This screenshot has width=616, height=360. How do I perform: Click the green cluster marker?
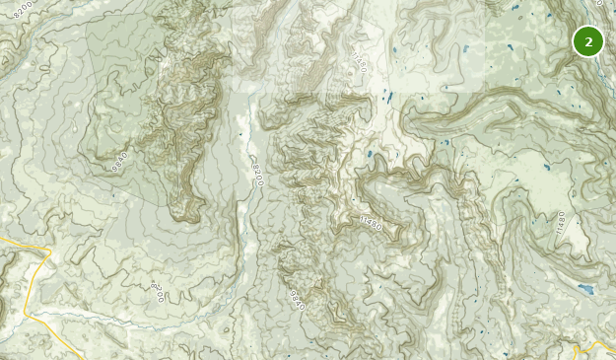(588, 41)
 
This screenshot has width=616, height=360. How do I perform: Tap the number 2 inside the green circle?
(588, 41)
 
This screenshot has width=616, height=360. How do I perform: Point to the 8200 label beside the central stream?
(257, 174)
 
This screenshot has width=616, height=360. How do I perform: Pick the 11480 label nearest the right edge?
(562, 222)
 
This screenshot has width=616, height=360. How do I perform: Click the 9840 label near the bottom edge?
(298, 300)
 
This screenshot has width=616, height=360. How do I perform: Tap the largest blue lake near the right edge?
(586, 290)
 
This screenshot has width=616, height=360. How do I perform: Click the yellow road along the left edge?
(28, 286)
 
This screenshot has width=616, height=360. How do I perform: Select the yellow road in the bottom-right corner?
(595, 347)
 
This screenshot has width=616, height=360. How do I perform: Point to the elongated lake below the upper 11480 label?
(388, 98)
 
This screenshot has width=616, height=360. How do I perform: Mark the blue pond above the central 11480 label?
(370, 155)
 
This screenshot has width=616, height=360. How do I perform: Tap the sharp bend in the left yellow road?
(45, 254)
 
